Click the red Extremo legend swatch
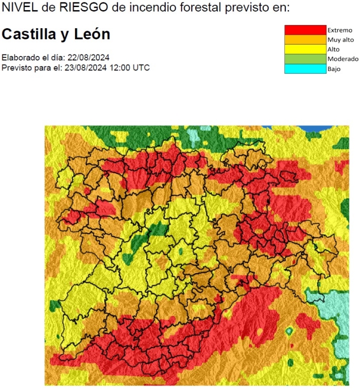(x=305, y=30)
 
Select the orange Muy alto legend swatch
(x=305, y=40)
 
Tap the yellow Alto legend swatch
(x=305, y=49)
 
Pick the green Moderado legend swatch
(x=305, y=59)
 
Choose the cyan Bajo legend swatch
(x=305, y=69)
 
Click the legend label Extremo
(x=340, y=30)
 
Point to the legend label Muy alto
(x=340, y=40)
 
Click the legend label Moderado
(x=343, y=59)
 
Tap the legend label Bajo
(x=334, y=69)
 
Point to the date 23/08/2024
(x=84, y=68)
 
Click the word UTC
(x=141, y=68)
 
